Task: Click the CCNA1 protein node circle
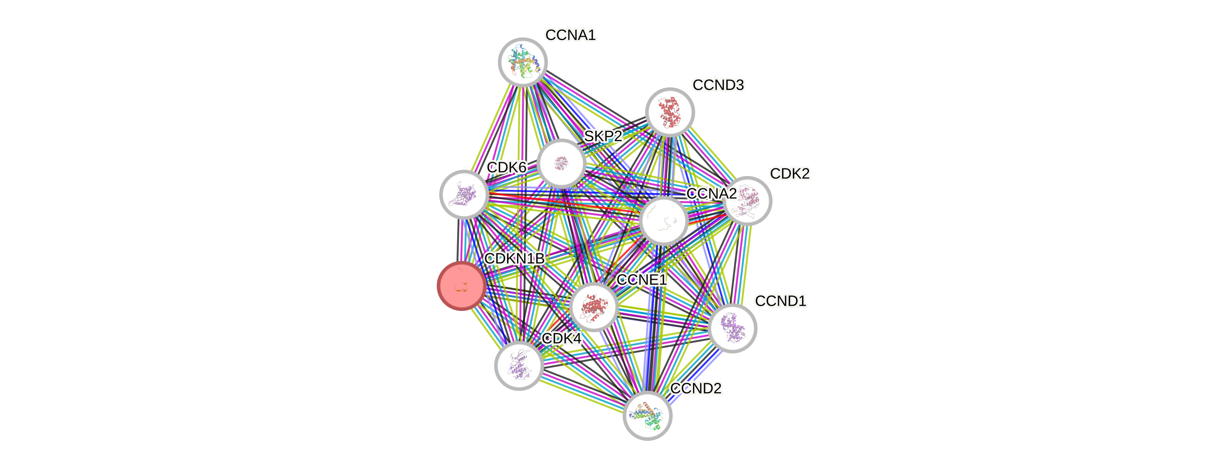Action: click(522, 62)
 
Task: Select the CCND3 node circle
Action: click(669, 112)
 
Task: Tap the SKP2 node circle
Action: click(562, 163)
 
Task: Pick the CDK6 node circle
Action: click(464, 194)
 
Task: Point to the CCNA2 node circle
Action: click(663, 221)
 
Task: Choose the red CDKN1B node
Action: click(461, 286)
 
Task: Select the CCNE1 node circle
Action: click(593, 306)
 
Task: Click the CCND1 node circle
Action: click(732, 328)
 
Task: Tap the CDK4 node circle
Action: click(519, 366)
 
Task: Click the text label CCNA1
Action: click(571, 35)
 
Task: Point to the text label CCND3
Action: click(718, 85)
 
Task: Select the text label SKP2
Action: click(603, 136)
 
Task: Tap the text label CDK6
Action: click(506, 167)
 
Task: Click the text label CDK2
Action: click(790, 173)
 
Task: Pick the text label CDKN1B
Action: click(514, 259)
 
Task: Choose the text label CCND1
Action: click(781, 301)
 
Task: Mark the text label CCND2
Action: click(696, 388)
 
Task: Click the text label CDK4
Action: click(561, 339)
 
